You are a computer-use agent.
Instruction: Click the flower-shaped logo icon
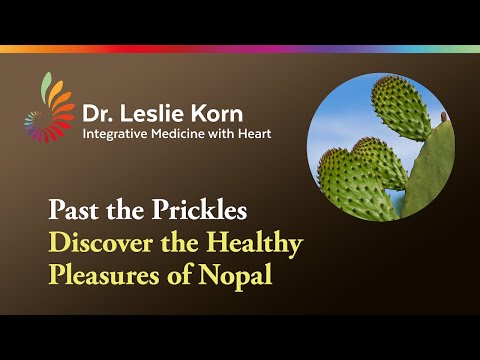coord(48,115)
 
